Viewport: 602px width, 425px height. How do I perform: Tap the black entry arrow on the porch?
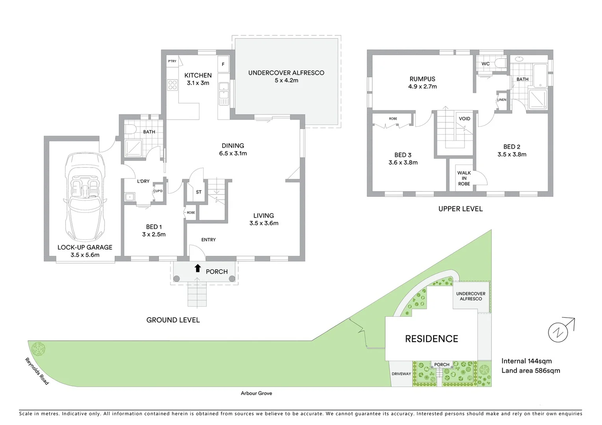[x=197, y=268]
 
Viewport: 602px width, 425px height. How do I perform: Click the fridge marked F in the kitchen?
[x=223, y=64]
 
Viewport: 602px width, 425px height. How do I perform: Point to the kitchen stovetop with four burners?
[x=172, y=85]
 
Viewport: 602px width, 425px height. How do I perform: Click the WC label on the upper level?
[x=485, y=64]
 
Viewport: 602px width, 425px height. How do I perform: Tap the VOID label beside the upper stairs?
[x=465, y=118]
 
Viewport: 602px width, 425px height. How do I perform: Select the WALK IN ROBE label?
[x=464, y=178]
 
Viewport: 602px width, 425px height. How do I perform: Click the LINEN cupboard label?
[x=502, y=100]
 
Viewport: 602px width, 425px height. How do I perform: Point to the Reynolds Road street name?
[x=37, y=371]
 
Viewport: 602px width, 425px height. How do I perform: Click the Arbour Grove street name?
[x=256, y=393]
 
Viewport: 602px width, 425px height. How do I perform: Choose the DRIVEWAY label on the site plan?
[x=401, y=374]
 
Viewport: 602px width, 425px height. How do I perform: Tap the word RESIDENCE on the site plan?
[x=431, y=339]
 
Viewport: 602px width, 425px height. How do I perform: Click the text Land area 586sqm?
[x=530, y=370]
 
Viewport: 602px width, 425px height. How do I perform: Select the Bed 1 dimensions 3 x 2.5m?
[x=154, y=234]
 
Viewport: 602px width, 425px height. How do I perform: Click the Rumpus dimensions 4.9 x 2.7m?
[x=422, y=87]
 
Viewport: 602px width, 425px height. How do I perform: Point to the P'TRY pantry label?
[x=172, y=61]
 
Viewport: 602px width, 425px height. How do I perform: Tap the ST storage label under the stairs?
[x=199, y=192]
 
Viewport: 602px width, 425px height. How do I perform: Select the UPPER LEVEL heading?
[x=460, y=209]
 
